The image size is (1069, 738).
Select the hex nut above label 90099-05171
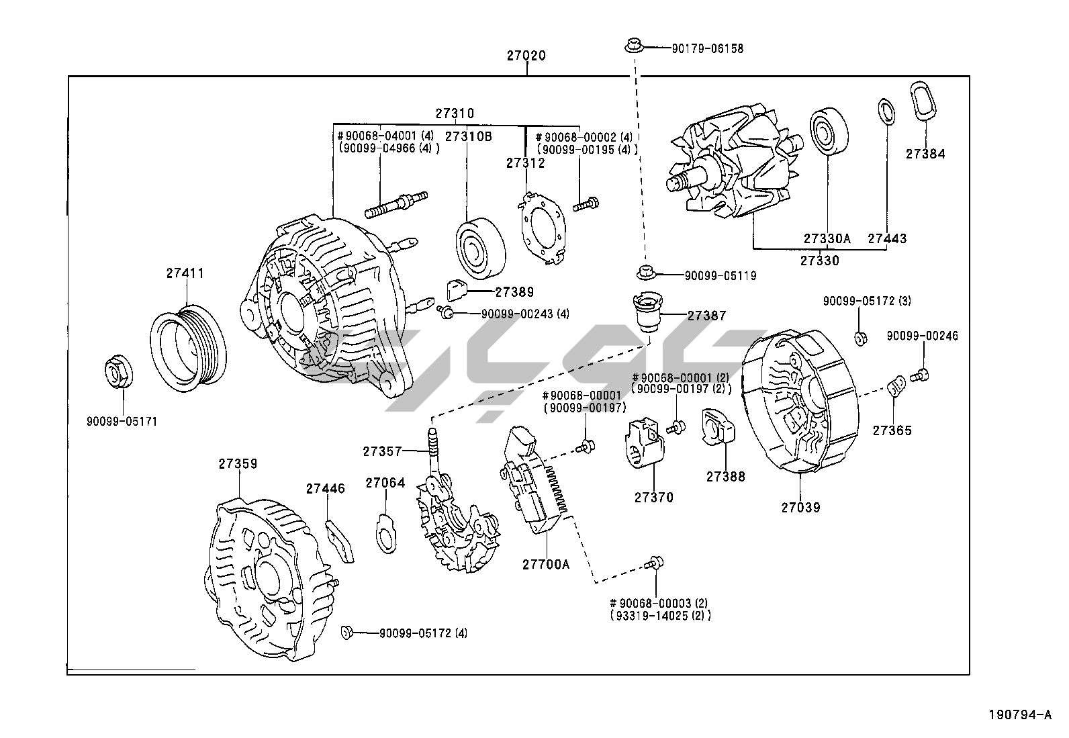[120, 375]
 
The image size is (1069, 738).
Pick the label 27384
[925, 154]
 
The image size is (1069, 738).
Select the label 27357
[383, 451]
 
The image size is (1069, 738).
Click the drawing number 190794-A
[1019, 714]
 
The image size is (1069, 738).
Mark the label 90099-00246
[922, 336]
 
